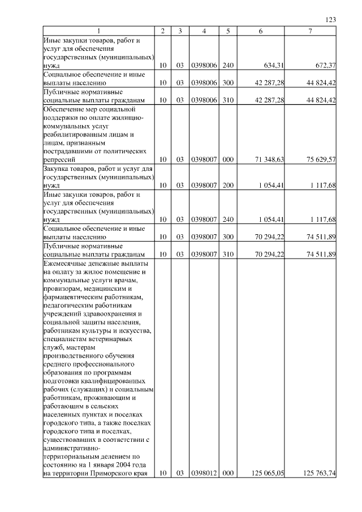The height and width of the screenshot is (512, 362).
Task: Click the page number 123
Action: [331, 20]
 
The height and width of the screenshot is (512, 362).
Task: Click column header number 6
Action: [260, 31]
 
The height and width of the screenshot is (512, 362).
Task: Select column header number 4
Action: [204, 31]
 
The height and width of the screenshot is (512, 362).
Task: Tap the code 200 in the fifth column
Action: [228, 185]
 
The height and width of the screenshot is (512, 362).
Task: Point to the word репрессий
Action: [60, 160]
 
